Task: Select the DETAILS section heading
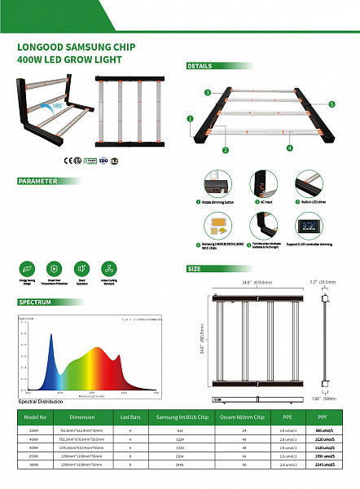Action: [201, 66]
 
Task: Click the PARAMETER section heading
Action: [38, 181]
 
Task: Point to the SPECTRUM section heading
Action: [36, 302]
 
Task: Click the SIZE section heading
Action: [195, 268]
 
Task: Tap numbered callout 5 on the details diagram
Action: [331, 104]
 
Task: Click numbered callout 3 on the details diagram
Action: [208, 93]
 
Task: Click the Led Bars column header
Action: [131, 416]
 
